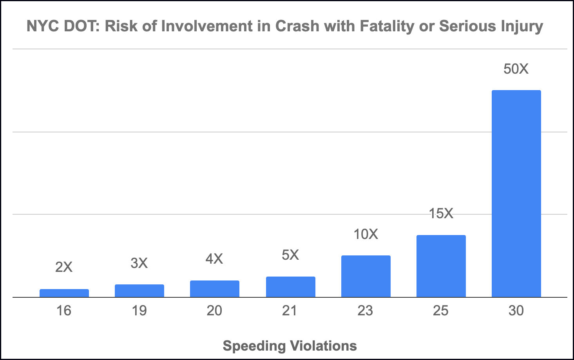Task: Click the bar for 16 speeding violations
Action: pyautogui.click(x=64, y=293)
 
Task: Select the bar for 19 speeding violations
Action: pyautogui.click(x=139, y=291)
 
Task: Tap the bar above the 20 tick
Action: pyautogui.click(x=215, y=289)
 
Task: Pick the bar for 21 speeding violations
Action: pyautogui.click(x=290, y=287)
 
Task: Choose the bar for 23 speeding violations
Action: pyautogui.click(x=366, y=276)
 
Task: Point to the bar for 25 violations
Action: pyautogui.click(x=441, y=266)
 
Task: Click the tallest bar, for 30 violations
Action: pyautogui.click(x=516, y=194)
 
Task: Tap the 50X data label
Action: pyautogui.click(x=516, y=69)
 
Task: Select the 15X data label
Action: pyautogui.click(x=441, y=213)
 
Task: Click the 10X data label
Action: pyautogui.click(x=366, y=234)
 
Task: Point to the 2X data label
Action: pyautogui.click(x=64, y=267)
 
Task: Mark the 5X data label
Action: pyautogui.click(x=290, y=255)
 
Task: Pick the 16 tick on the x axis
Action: pyautogui.click(x=64, y=311)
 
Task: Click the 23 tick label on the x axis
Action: pyautogui.click(x=365, y=311)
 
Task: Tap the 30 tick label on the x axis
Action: pyautogui.click(x=516, y=311)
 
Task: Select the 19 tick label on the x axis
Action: pyautogui.click(x=139, y=311)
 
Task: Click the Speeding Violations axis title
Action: pyautogui.click(x=290, y=346)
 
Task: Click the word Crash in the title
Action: pyautogui.click(x=297, y=26)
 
